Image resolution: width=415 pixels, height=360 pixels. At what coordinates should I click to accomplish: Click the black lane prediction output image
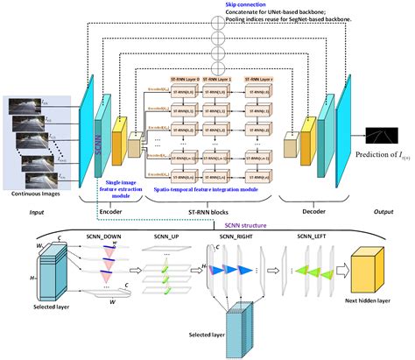click(x=382, y=135)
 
